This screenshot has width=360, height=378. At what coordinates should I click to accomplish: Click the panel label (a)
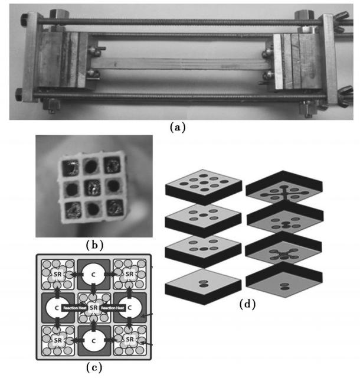180,126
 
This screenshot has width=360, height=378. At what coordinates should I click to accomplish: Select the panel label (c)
94,368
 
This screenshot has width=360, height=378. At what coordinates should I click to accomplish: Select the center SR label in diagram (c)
93,308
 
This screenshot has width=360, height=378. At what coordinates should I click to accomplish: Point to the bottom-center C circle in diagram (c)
93,341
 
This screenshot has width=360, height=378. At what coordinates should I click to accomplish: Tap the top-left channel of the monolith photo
70,167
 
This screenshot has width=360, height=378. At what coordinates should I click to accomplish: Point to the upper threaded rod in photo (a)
177,22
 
